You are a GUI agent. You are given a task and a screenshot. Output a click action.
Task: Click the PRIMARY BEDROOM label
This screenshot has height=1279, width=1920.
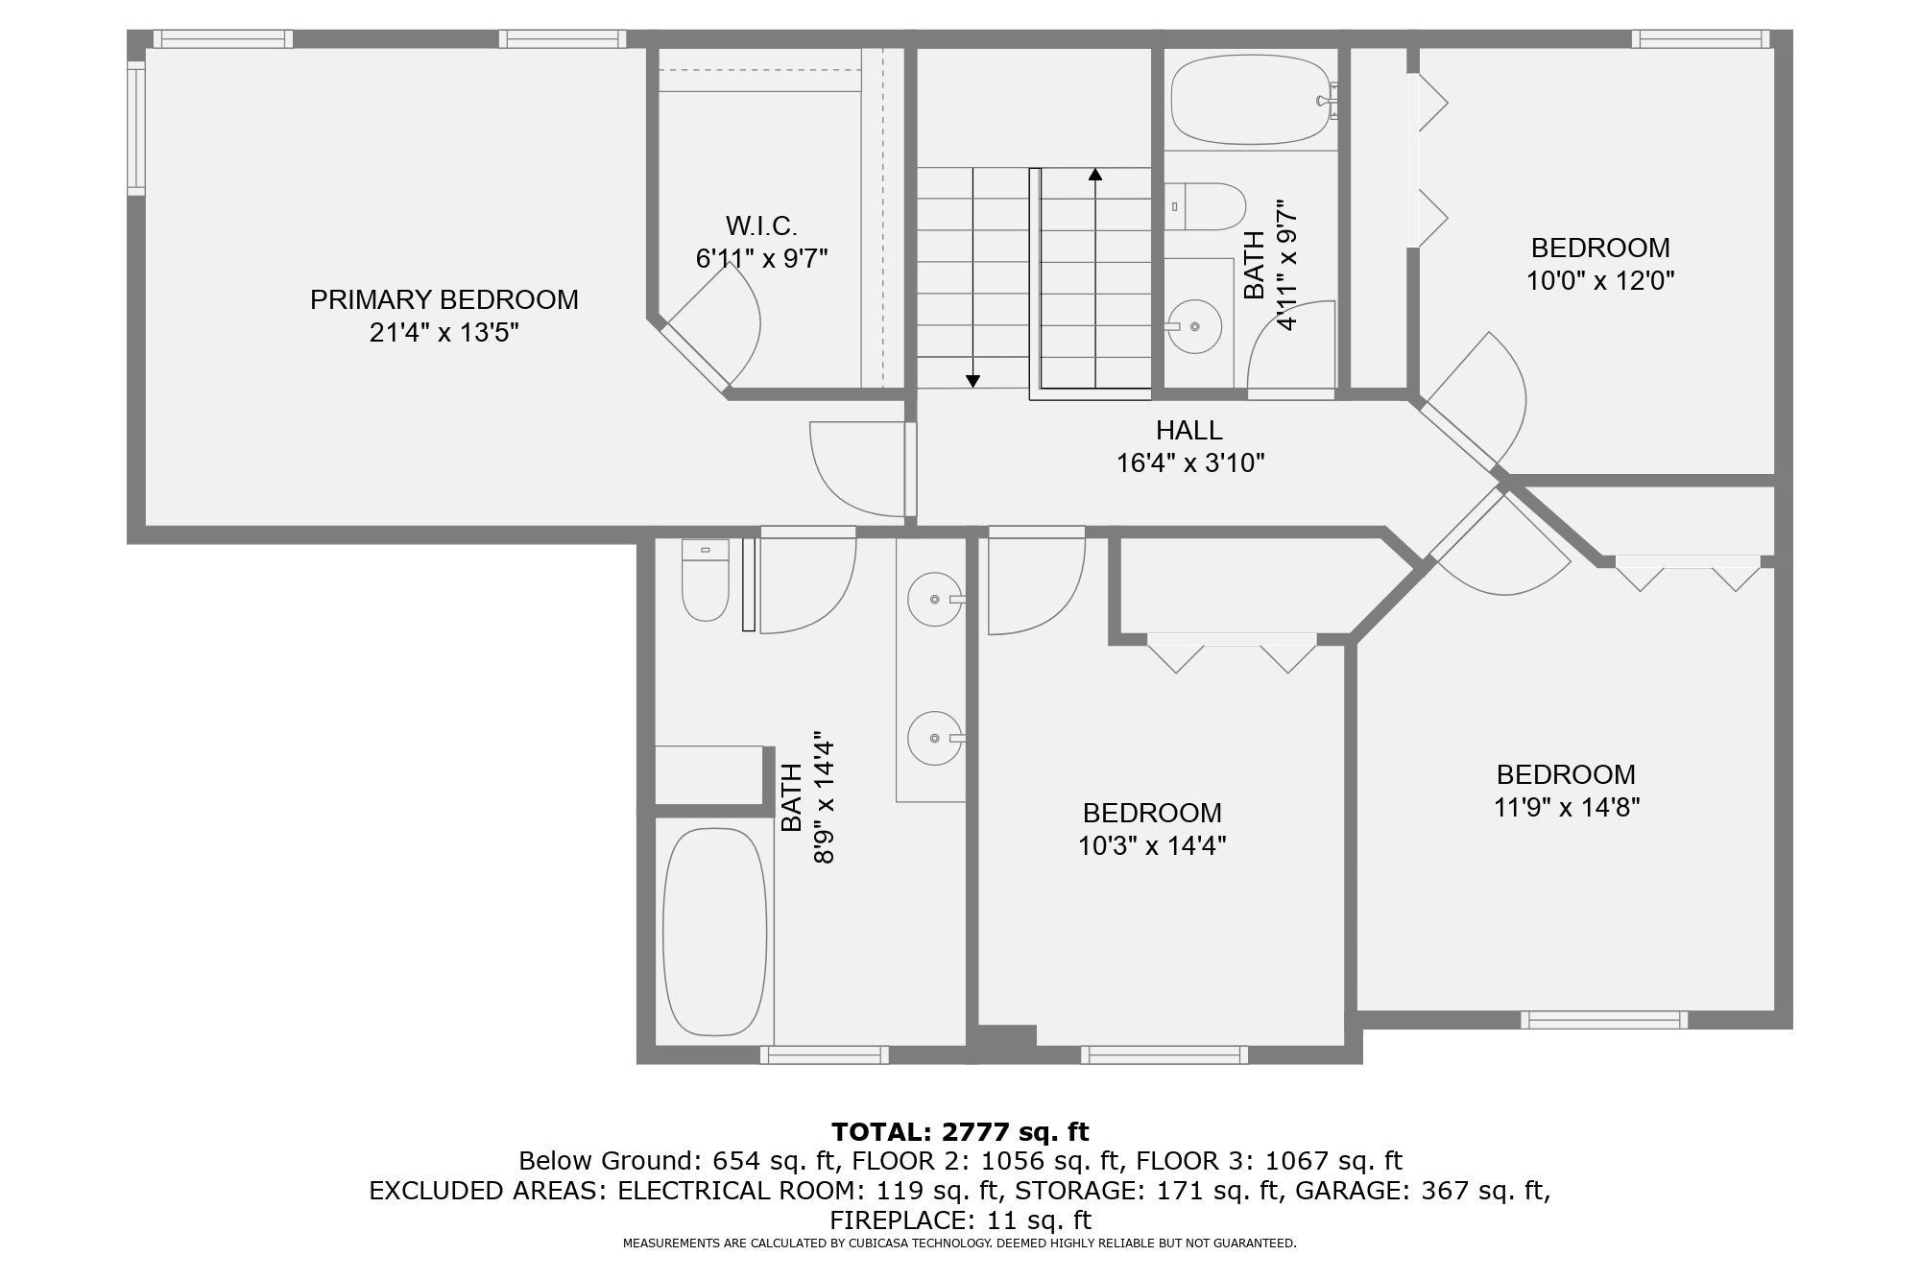point(444,299)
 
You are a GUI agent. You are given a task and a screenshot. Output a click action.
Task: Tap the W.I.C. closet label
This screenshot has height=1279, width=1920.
point(761,225)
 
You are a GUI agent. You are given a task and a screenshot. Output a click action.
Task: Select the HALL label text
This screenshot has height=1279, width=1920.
point(1189,430)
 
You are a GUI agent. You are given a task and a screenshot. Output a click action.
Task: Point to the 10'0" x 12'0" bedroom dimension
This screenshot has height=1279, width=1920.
point(1600,281)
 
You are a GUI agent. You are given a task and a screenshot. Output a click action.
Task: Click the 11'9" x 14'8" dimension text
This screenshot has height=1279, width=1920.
point(1566,808)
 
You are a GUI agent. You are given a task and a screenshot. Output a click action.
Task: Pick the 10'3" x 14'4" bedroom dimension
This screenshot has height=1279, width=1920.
point(1152,846)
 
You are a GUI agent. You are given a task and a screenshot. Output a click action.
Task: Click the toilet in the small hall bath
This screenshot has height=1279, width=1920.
point(1206,206)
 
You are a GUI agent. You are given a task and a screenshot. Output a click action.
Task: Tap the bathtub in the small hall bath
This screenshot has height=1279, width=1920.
point(1251,100)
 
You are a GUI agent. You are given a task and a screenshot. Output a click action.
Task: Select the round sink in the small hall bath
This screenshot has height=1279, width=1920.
point(1193,326)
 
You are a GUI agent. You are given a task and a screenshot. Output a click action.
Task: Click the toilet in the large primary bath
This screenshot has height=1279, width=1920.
point(705,580)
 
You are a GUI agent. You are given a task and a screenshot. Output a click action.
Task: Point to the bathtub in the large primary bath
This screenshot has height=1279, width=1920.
point(715,932)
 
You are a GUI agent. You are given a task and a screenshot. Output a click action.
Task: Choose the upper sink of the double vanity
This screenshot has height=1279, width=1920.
point(935,599)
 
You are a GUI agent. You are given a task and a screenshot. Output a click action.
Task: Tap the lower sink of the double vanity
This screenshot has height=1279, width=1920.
point(935,738)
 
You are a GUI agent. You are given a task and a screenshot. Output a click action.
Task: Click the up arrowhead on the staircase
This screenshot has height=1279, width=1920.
point(1095,175)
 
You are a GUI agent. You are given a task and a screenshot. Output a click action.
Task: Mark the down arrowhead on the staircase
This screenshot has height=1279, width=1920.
point(972,381)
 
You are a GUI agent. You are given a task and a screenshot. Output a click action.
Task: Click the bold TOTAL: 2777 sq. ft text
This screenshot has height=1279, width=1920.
point(960,1132)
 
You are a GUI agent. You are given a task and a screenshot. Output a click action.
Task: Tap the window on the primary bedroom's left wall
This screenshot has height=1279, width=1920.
point(136,128)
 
